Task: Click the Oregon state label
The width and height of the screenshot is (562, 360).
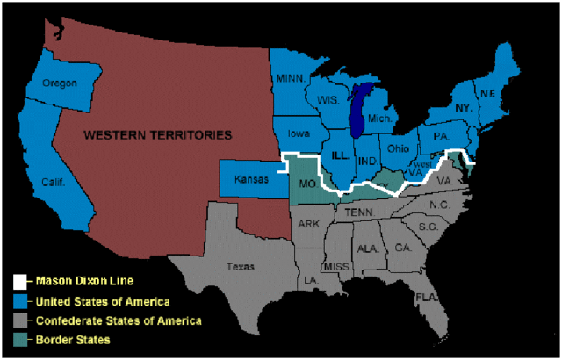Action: (60, 83)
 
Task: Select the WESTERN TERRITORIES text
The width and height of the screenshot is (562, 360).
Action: (157, 135)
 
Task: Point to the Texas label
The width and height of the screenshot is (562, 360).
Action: (240, 265)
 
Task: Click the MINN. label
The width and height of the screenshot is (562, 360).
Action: (291, 78)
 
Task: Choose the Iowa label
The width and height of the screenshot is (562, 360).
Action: (298, 134)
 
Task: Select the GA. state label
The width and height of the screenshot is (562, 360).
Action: (403, 248)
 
